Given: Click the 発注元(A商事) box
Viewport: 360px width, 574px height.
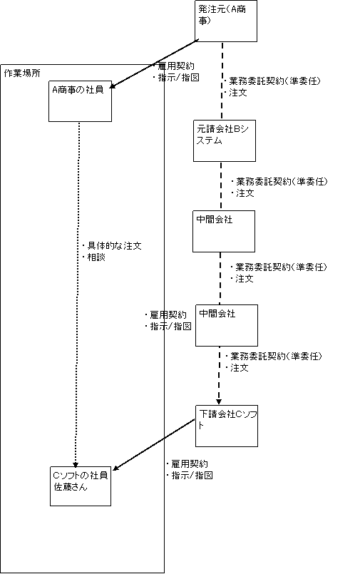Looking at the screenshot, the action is pyautogui.click(x=226, y=21).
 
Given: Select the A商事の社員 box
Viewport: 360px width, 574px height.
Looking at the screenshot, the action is pyautogui.click(x=80, y=101).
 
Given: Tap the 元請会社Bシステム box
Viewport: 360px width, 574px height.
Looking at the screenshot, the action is pyautogui.click(x=225, y=140).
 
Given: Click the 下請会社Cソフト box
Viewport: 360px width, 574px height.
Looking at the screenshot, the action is pyautogui.click(x=227, y=426).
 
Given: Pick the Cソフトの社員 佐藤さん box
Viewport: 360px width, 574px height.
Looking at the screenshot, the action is pyautogui.click(x=81, y=486).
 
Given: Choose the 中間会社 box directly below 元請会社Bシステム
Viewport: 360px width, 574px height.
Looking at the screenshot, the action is pyautogui.click(x=224, y=231).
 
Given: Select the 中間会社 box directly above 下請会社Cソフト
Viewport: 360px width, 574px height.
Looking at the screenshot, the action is pyautogui.click(x=227, y=325).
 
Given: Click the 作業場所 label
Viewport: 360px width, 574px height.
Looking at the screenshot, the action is pyautogui.click(x=22, y=73).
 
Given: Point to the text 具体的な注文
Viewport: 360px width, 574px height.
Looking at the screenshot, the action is pyautogui.click(x=114, y=245).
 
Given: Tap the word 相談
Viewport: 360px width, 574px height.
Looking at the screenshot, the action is pyautogui.click(x=96, y=257).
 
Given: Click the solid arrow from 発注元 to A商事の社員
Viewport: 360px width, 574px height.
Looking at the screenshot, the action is pyautogui.click(x=154, y=63).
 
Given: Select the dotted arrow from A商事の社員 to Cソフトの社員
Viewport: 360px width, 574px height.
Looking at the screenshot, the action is pyautogui.click(x=78, y=294).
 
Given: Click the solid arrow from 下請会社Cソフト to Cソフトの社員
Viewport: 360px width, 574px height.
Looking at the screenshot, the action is pyautogui.click(x=155, y=444).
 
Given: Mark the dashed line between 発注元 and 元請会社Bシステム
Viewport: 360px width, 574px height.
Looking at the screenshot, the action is pyautogui.click(x=222, y=81).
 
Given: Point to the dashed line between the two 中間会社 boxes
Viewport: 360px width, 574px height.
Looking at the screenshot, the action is pyautogui.click(x=220, y=278).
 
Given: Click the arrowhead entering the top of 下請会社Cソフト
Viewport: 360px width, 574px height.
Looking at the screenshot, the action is pyautogui.click(x=219, y=401).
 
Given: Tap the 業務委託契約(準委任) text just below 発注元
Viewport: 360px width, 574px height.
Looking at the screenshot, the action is pyautogui.click(x=274, y=81).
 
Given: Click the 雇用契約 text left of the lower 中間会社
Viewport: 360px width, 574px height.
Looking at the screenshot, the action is pyautogui.click(x=168, y=315).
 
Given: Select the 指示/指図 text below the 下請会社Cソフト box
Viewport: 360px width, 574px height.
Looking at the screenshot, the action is pyautogui.click(x=192, y=476).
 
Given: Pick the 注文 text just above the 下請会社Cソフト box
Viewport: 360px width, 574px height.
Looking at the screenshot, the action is pyautogui.click(x=240, y=368).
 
